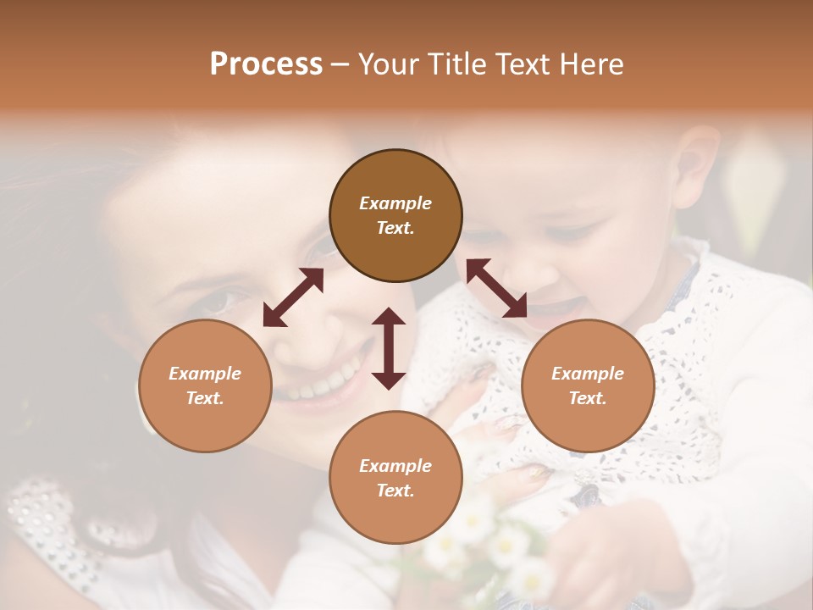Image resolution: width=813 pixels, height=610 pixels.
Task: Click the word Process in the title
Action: coord(266,64)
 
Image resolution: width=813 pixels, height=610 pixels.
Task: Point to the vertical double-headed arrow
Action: coord(389,348)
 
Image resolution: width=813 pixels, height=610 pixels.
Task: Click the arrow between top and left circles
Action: coord(293,297)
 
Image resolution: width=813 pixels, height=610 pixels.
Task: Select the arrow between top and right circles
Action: coord(496,288)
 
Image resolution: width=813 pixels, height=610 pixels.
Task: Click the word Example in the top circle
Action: coord(395,203)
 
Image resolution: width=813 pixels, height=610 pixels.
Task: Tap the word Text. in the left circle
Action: coord(205,398)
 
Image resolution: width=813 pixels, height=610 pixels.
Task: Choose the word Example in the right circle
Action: coord(588,374)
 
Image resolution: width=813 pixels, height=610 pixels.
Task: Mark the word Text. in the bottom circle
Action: coord(395,491)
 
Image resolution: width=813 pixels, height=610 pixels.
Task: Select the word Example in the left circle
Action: coord(205,374)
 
